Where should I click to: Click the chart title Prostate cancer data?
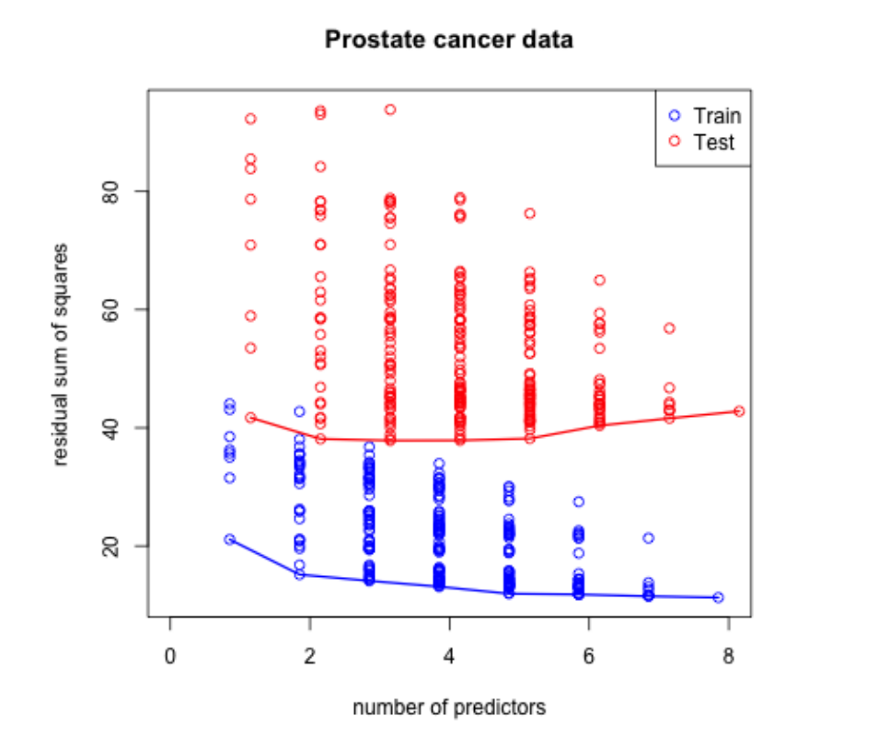click(448, 40)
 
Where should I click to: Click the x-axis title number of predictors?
click(449, 708)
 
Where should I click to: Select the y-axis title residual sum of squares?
click(62, 354)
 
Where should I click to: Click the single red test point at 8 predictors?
click(739, 411)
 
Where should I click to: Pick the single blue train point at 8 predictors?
click(718, 597)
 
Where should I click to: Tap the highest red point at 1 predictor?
click(250, 119)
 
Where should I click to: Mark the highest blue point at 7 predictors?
click(648, 537)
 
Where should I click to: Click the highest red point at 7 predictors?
click(670, 329)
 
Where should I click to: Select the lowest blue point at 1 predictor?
click(229, 539)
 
